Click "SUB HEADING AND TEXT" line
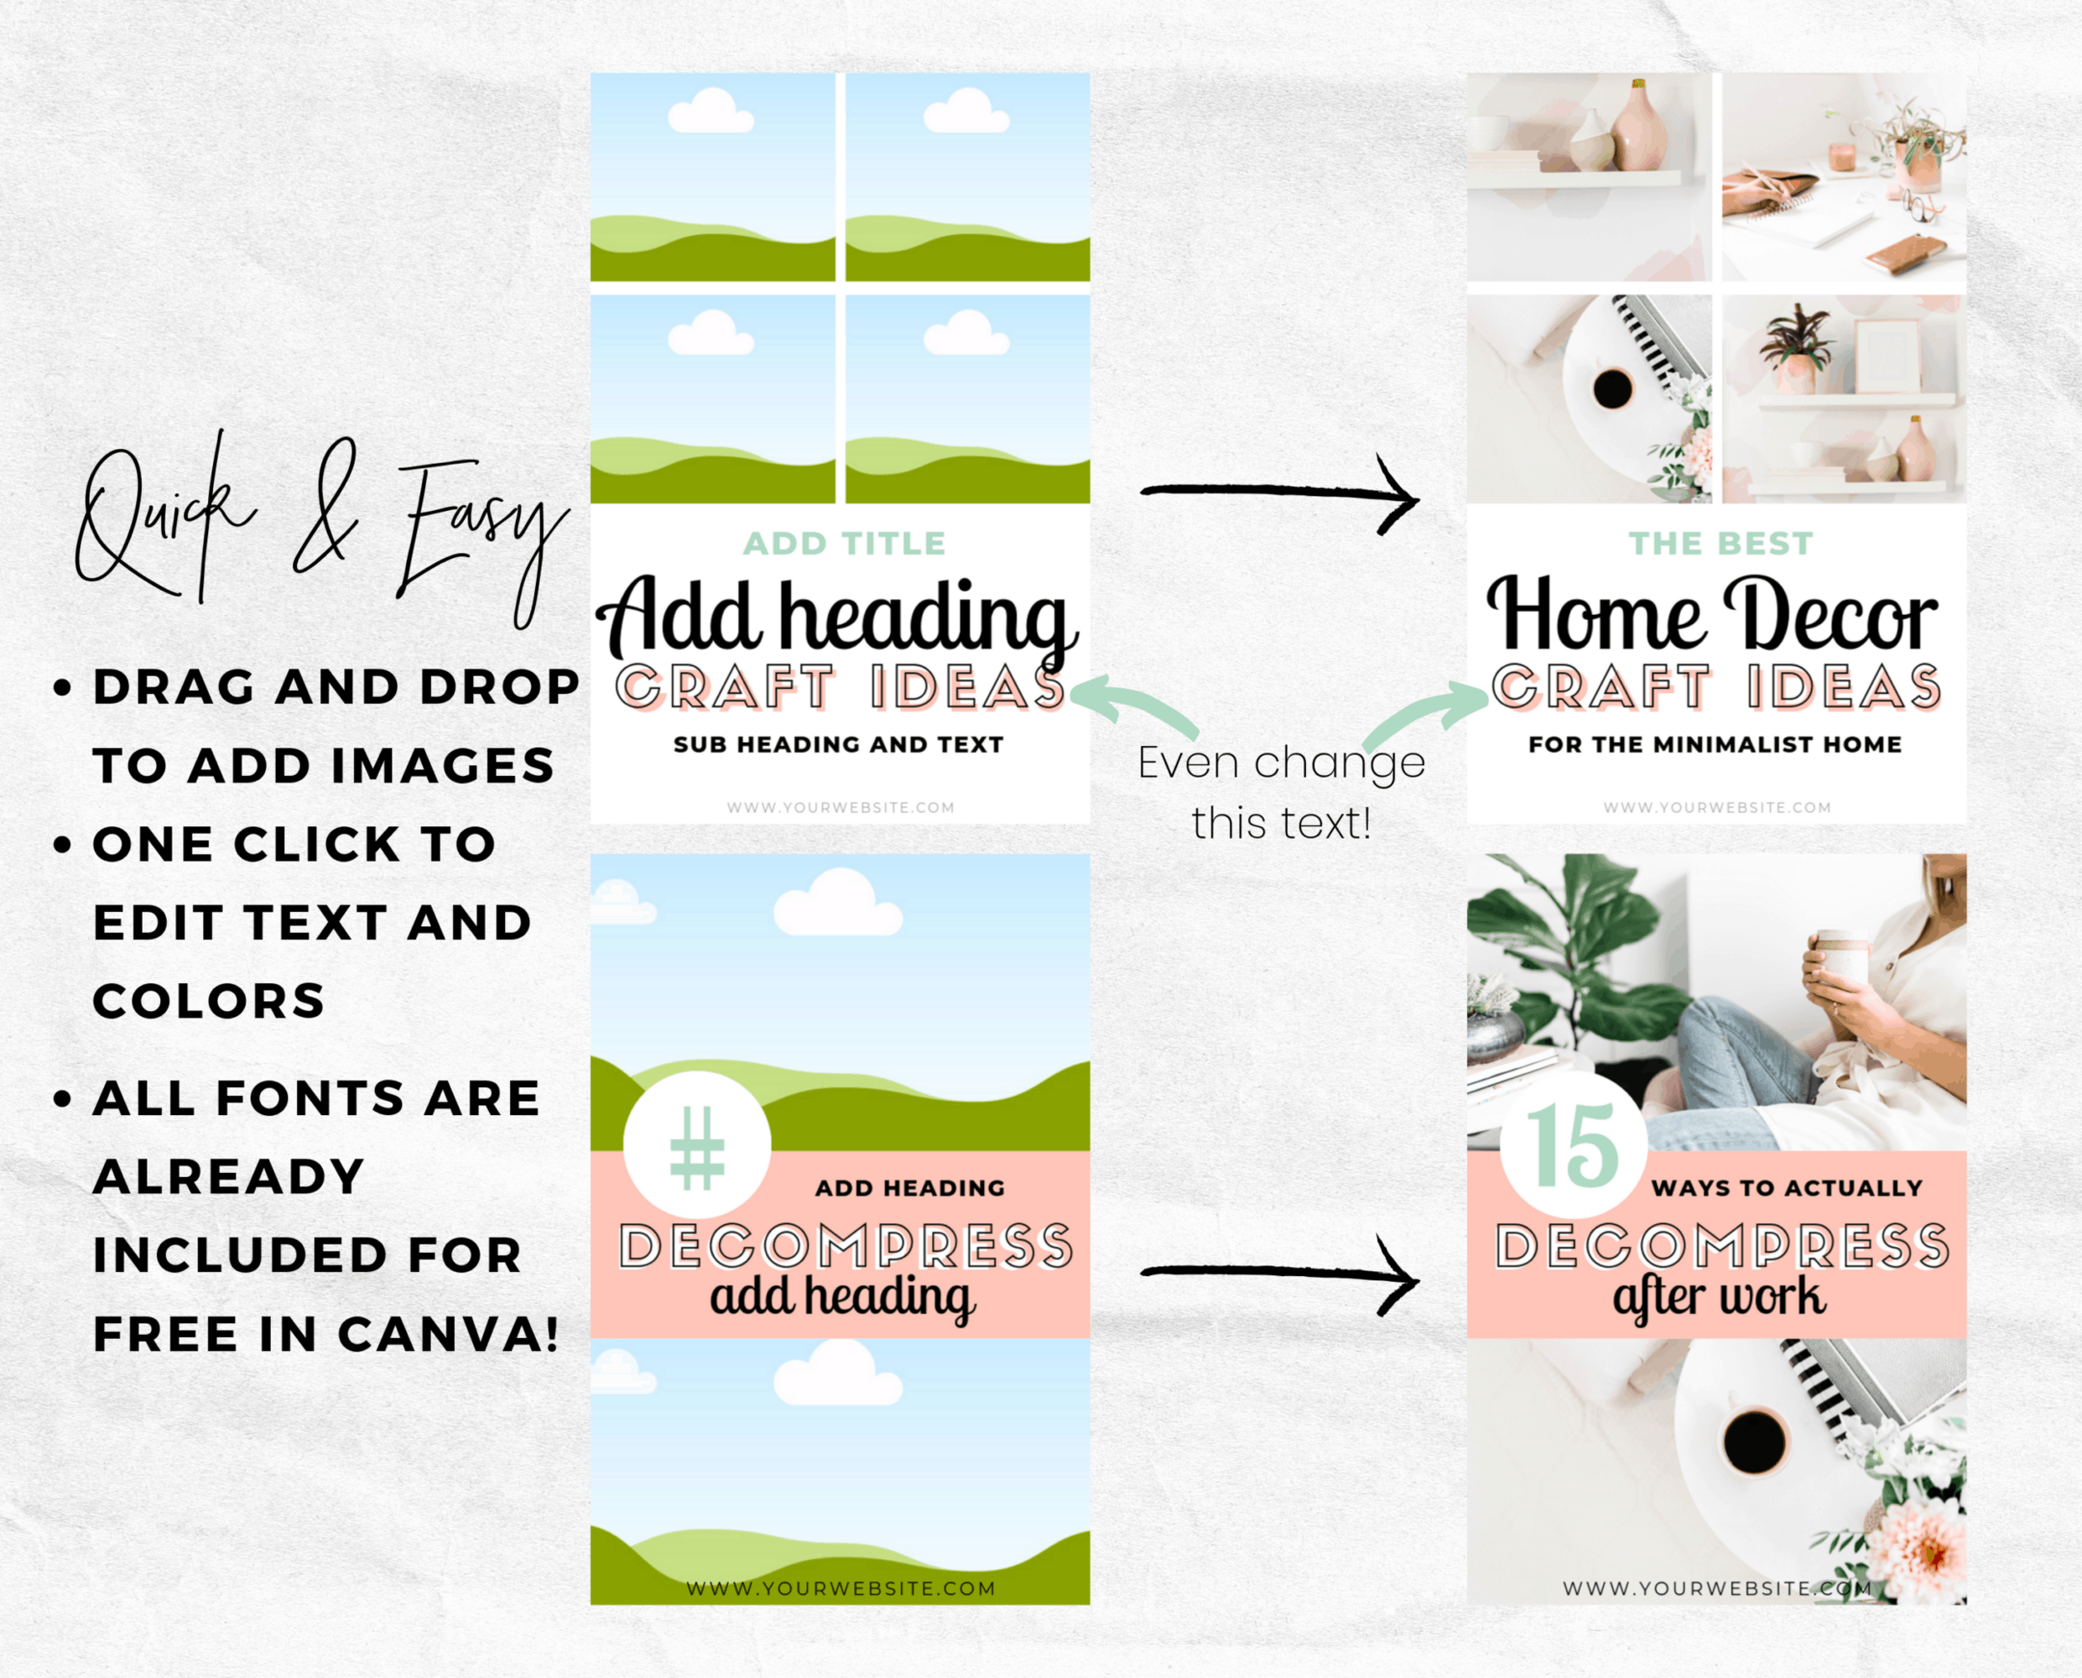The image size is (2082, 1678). coord(838,744)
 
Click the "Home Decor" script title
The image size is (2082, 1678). coord(1712,615)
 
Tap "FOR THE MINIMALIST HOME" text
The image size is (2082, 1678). coord(1715,744)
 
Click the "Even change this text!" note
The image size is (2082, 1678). coord(1281,793)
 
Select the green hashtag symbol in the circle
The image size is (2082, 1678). coord(697,1148)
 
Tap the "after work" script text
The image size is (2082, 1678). coord(1719,1296)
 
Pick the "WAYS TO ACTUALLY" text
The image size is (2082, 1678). coord(1788,1188)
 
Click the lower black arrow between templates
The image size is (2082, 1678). coord(1280,1273)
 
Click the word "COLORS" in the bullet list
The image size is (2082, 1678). coord(209,1002)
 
